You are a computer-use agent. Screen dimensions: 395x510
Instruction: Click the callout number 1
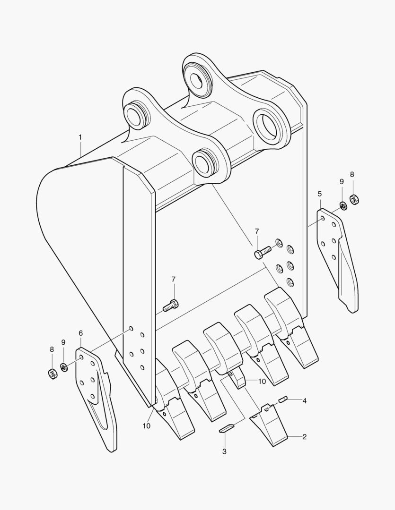click(x=80, y=137)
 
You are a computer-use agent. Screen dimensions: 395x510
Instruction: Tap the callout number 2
click(x=304, y=436)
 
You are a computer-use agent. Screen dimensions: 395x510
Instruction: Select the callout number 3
click(x=224, y=451)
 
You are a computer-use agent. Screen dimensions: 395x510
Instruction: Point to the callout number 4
click(x=304, y=401)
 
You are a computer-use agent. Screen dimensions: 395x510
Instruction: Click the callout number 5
click(x=319, y=194)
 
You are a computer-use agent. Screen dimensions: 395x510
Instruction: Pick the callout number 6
click(x=80, y=333)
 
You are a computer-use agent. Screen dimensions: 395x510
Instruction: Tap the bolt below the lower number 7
click(x=170, y=306)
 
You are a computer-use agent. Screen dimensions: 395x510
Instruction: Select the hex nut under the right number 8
click(x=354, y=199)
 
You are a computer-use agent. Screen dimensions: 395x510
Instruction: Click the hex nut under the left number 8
click(x=52, y=374)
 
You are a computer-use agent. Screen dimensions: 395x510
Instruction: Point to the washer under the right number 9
click(x=343, y=205)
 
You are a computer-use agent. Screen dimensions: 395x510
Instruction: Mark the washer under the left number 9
click(x=64, y=367)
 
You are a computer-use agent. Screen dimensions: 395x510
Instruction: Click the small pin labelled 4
click(x=282, y=399)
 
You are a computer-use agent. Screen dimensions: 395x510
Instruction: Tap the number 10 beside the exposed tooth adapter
click(x=262, y=381)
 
